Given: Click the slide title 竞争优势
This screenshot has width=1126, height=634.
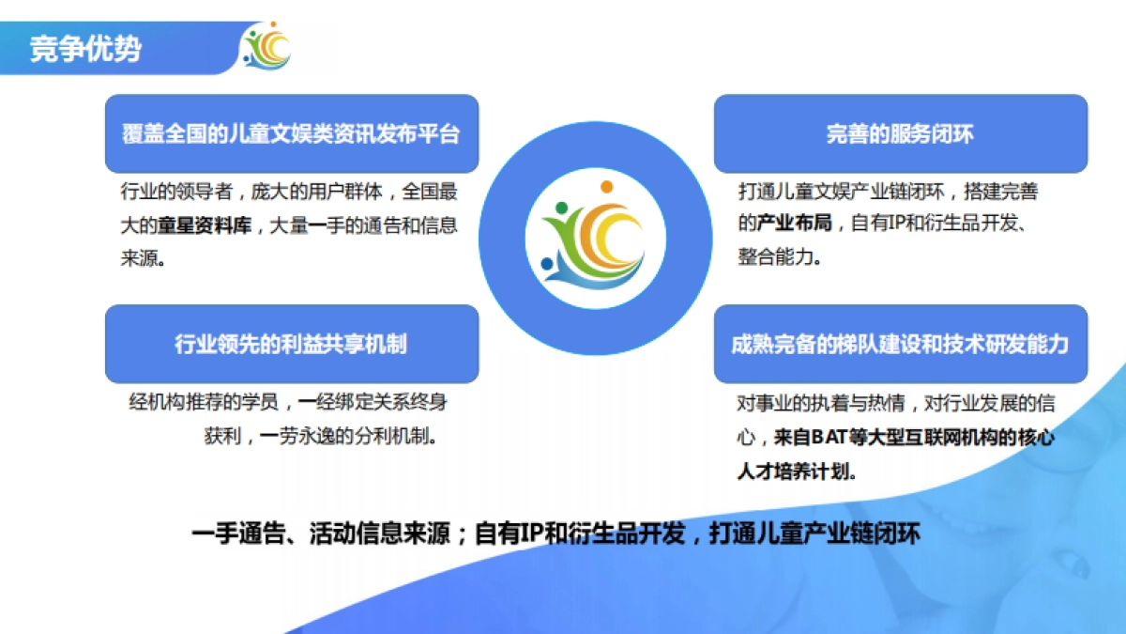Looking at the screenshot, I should pos(85,48).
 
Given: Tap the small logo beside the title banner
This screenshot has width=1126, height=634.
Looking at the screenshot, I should pos(267,46).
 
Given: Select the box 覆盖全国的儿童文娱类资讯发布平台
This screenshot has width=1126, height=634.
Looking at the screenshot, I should pos(292,133).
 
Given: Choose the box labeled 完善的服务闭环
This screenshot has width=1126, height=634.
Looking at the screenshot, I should pos(900,133).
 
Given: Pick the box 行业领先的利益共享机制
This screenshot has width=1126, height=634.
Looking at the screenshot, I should pos(292,344).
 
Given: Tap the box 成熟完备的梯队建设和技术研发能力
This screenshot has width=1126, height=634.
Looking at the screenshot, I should pos(900,344).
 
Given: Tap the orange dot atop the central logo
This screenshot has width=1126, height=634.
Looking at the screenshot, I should pos(607,186).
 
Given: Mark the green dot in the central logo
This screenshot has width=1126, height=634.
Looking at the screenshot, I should pos(561,208).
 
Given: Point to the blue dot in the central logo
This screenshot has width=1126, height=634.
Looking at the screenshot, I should pos(547,262).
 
